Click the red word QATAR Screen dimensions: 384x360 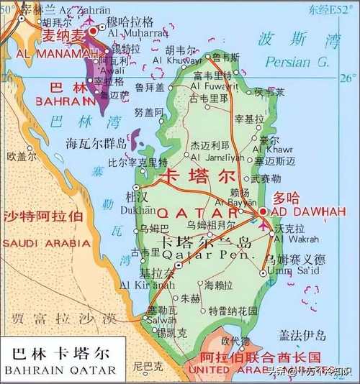point(198,213)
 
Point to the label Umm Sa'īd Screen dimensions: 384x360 point(288,270)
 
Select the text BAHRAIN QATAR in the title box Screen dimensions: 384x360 point(60,370)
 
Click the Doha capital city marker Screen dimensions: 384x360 point(264,211)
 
